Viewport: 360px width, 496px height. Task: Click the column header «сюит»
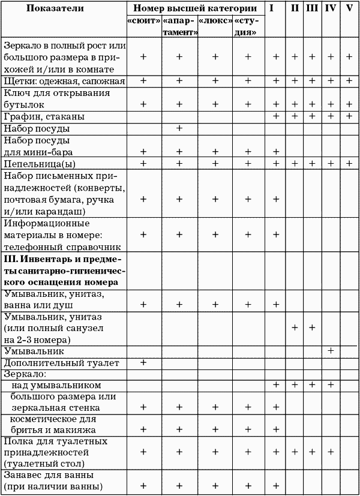(x=143, y=21)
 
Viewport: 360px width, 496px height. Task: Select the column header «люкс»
(x=214, y=21)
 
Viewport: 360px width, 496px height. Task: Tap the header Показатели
(x=64, y=10)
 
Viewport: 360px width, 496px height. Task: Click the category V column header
(x=349, y=8)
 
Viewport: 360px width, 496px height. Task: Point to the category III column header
(x=312, y=8)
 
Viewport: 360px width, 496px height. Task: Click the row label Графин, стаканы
(x=44, y=116)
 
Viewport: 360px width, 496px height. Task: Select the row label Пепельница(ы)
(x=43, y=163)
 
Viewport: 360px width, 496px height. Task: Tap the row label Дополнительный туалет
(x=53, y=363)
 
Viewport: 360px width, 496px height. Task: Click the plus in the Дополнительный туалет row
(x=143, y=363)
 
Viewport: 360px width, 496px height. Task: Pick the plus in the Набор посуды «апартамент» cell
(x=179, y=128)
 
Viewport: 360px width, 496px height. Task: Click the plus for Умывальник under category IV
(x=331, y=350)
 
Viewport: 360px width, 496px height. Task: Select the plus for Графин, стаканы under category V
(x=349, y=116)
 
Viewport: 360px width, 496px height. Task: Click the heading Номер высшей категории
(x=196, y=10)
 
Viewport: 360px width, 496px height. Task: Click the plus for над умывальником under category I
(x=276, y=384)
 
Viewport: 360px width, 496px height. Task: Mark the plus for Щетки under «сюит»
(x=143, y=81)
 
